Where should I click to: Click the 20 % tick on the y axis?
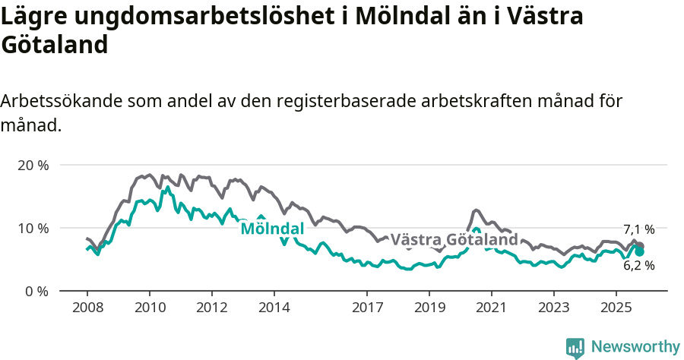click(32, 165)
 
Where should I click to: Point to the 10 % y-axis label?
click(32, 228)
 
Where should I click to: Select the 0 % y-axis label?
click(36, 291)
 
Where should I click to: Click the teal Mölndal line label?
click(272, 229)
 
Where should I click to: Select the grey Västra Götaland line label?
click(454, 240)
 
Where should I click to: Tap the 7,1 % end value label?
click(638, 229)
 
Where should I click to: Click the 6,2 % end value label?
click(638, 266)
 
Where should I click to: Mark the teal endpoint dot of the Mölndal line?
click(640, 251)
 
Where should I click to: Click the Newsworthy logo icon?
click(575, 348)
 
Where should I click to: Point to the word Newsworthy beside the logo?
click(635, 347)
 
